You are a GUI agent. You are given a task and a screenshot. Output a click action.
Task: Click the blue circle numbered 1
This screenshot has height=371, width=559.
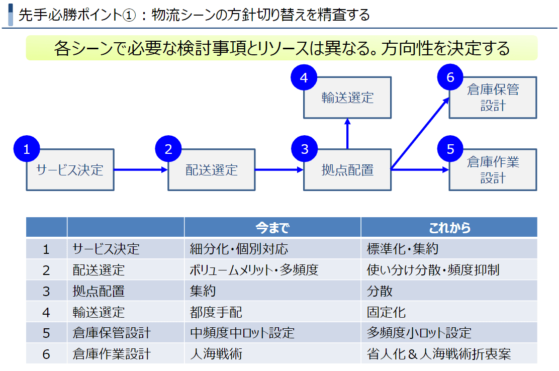click(27, 149)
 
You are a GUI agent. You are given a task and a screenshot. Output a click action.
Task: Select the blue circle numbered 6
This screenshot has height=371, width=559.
click(449, 77)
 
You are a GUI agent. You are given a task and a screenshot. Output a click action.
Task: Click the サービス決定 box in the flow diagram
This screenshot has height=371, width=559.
click(70, 170)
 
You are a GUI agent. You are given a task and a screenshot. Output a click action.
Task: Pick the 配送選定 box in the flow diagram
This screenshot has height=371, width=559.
click(212, 170)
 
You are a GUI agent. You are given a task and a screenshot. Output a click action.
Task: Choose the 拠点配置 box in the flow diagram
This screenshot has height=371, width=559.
click(347, 170)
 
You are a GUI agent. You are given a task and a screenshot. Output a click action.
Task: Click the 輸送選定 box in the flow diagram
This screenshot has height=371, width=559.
click(347, 98)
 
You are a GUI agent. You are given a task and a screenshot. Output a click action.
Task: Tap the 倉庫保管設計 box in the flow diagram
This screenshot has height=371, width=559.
click(493, 98)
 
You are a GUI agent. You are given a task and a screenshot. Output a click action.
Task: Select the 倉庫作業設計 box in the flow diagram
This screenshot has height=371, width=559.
click(493, 170)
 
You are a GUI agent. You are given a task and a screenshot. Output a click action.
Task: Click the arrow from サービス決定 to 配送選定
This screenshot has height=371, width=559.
click(141, 170)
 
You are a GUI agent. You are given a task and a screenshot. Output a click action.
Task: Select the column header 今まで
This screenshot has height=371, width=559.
click(272, 228)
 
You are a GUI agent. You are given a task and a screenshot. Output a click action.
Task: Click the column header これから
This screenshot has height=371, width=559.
click(449, 228)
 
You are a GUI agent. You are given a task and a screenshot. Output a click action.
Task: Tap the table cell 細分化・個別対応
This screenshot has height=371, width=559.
click(239, 249)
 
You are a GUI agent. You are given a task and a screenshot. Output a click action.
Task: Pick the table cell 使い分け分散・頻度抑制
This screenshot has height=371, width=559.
click(433, 270)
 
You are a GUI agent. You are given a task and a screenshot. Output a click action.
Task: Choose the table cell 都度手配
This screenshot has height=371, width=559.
click(216, 312)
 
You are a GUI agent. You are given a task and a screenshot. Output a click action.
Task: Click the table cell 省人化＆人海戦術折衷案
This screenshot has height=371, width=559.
click(439, 354)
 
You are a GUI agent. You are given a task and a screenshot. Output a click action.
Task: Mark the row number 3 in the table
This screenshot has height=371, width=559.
click(46, 291)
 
